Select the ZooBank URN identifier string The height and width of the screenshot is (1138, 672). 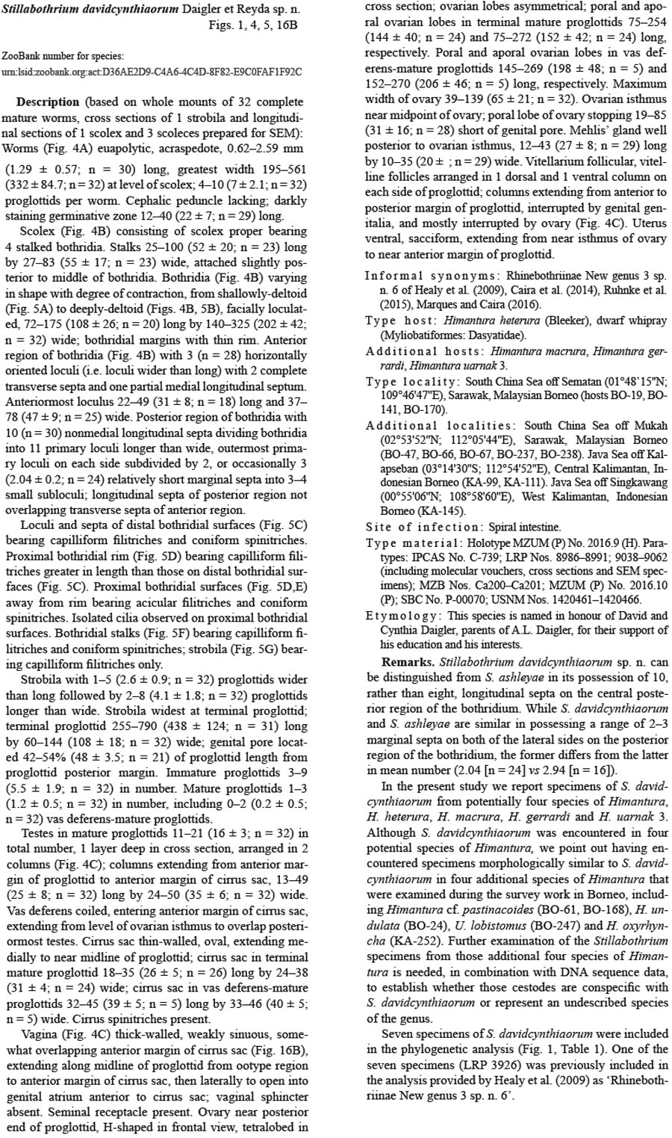point(152,72)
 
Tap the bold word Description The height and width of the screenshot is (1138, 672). point(48,102)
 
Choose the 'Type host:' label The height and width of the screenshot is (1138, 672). point(402,320)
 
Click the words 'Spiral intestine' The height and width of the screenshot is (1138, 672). point(525,527)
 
